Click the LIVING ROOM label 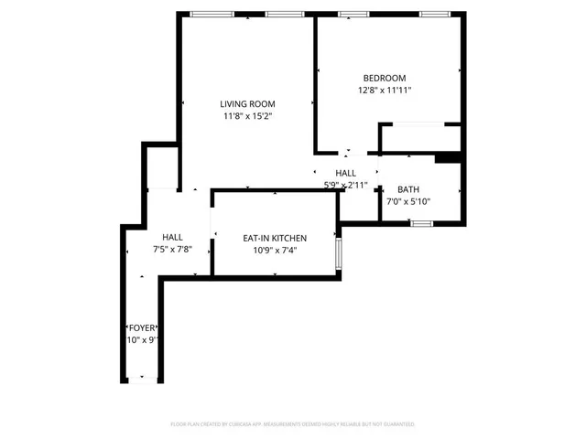(247, 104)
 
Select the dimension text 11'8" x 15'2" (247, 116)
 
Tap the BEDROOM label (384, 79)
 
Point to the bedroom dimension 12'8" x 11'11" (384, 91)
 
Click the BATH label (407, 189)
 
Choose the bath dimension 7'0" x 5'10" (407, 201)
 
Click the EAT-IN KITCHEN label (274, 238)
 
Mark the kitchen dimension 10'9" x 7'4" (274, 250)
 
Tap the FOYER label (141, 327)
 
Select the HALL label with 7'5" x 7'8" (172, 237)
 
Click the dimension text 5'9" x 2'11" (345, 185)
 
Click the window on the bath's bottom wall (420, 223)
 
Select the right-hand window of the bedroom (435, 14)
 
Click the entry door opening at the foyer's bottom (141, 380)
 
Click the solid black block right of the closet (448, 158)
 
